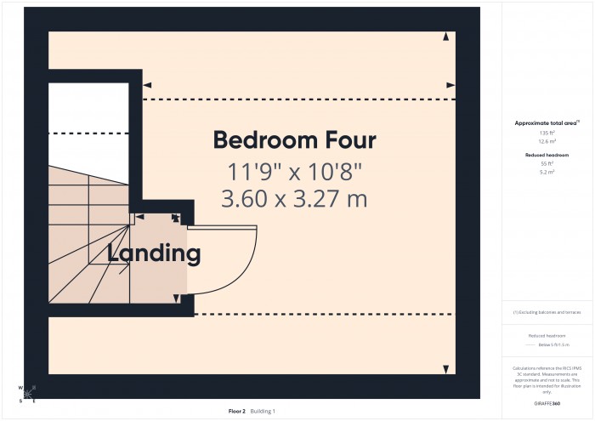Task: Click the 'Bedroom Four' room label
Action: click(294, 139)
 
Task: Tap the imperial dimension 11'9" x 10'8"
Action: click(294, 172)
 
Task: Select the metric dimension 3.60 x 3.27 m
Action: click(294, 200)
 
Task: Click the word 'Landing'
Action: click(154, 253)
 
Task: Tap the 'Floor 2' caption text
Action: click(237, 411)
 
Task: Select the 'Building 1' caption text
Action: click(263, 411)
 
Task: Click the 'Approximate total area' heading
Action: click(547, 123)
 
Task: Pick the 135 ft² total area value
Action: click(547, 134)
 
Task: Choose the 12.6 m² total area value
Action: click(547, 142)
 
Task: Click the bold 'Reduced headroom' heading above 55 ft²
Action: click(547, 156)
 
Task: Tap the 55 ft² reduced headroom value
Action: click(547, 164)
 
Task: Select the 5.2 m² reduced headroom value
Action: click(547, 173)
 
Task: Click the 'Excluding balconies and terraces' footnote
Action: click(547, 312)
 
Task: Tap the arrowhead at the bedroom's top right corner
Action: click(446, 37)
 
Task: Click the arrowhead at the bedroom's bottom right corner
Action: click(446, 368)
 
